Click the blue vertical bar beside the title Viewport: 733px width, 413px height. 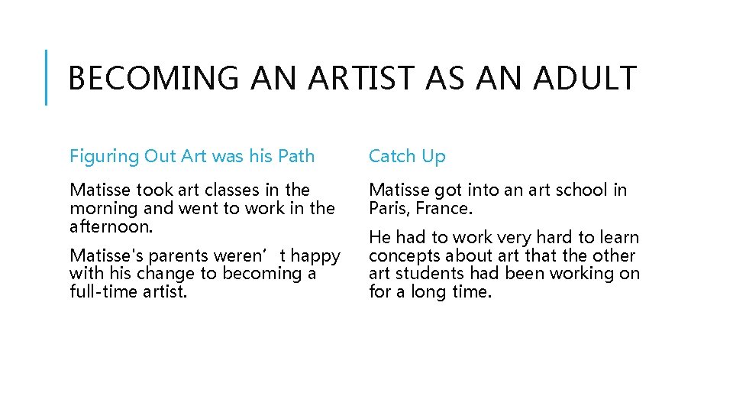point(47,77)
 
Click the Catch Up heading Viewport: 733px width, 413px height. point(407,157)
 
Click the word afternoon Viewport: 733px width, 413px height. point(111,226)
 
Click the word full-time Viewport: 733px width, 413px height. point(102,291)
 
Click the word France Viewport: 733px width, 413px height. point(446,208)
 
